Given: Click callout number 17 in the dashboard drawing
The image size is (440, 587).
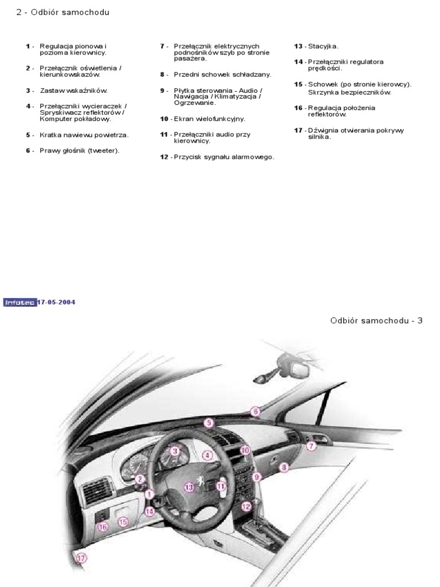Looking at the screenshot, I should click(81, 557).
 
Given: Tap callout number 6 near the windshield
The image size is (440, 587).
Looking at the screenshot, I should click(256, 411).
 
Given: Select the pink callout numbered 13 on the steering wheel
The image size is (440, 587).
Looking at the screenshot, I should click(190, 486).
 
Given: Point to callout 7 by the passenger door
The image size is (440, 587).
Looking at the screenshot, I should click(311, 445).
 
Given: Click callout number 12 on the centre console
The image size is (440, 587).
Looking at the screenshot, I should click(246, 506).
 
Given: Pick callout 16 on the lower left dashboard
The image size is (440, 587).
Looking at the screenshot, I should click(103, 527).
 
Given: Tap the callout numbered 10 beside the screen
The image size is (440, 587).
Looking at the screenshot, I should click(245, 451).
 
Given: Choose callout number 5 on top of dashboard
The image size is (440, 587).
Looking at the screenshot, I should click(209, 423).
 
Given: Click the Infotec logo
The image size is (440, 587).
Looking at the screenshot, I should click(20, 302).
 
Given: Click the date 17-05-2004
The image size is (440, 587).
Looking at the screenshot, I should click(57, 302).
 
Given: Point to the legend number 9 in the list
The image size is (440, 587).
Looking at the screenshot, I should click(163, 91).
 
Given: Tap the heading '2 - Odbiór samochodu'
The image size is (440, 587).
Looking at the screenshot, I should click(63, 12).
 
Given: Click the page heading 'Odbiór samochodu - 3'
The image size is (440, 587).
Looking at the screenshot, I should click(376, 320).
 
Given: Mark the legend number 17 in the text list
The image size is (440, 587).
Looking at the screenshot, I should click(298, 130).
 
